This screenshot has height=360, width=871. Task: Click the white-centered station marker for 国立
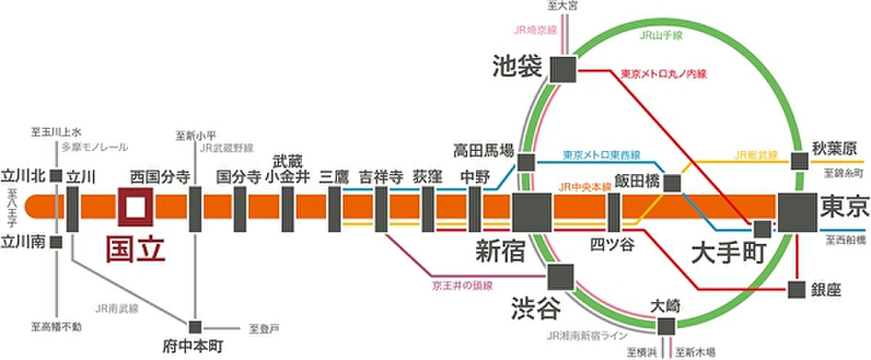tap(136, 206)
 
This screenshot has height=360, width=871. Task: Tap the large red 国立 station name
tap(136, 247)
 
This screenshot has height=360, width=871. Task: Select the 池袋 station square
tap(563, 70)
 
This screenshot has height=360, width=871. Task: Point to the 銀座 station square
tap(798, 289)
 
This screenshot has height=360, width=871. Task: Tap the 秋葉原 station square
tap(800, 161)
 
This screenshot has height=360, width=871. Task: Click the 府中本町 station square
tap(195, 327)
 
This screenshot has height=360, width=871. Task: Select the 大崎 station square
tap(666, 326)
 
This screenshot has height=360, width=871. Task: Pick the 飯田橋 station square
tap(672, 183)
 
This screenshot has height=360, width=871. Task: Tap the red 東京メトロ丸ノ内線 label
tap(663, 73)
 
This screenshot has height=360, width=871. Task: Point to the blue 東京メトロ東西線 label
tap(602, 155)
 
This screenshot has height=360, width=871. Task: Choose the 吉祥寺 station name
tap(381, 176)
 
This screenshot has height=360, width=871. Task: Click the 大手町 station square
tap(762, 229)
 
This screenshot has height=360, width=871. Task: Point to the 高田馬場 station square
tap(526, 162)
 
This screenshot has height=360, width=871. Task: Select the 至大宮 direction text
tap(563, 6)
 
